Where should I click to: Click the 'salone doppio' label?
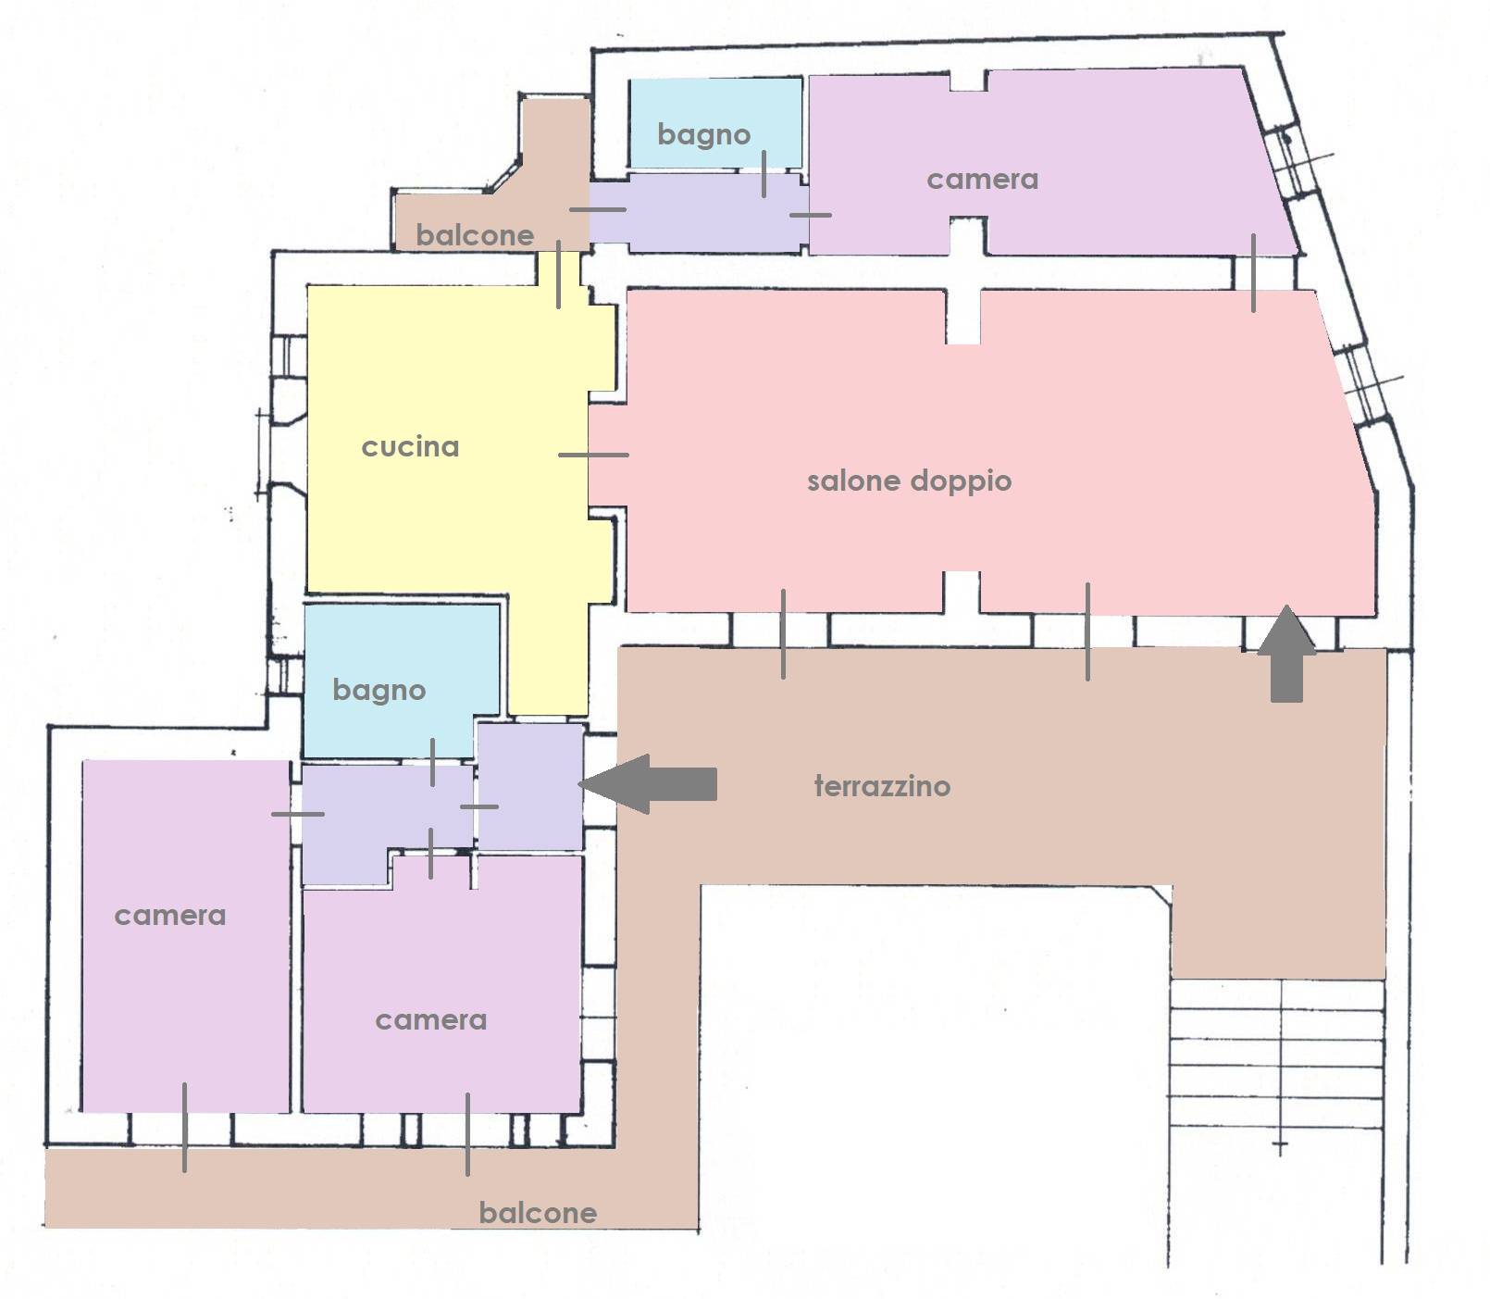[909, 481]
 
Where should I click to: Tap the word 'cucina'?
[410, 447]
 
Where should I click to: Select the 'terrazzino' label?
[882, 786]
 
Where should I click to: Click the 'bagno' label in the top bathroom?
[703, 135]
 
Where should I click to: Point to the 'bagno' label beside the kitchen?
[379, 691]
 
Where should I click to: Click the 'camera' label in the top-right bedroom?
[982, 180]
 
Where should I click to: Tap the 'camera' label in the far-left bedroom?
[169, 916]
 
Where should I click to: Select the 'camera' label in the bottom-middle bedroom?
[430, 1020]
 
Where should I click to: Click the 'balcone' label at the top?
[475, 235]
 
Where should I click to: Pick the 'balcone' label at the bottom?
[538, 1213]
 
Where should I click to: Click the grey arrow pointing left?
[648, 784]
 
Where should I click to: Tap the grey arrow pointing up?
[1286, 653]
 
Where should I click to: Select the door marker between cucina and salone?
[593, 455]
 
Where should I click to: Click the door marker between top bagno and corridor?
[764, 174]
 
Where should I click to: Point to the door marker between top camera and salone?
[1254, 273]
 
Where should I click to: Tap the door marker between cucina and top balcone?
[558, 274]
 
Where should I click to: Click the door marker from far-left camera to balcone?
[184, 1128]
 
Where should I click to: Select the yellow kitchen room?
[444, 444]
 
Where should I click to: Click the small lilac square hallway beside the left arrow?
[529, 787]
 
